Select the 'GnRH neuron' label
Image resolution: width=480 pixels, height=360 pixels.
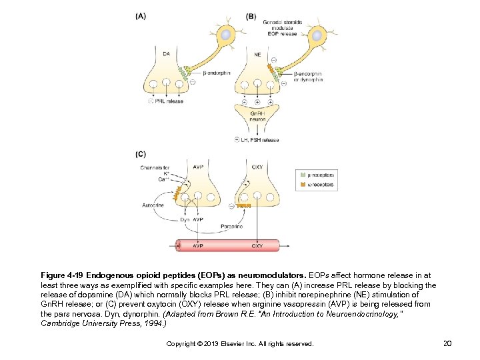(x=257, y=117)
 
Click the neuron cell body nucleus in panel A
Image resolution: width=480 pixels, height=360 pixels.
(x=227, y=34)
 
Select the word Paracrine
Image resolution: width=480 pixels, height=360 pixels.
(x=231, y=227)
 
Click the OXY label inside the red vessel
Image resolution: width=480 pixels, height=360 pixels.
(x=257, y=246)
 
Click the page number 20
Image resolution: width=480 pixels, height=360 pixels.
(x=447, y=343)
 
